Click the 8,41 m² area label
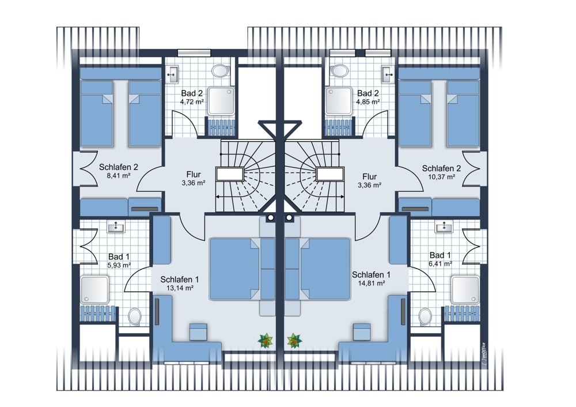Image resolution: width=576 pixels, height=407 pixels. coord(118,176)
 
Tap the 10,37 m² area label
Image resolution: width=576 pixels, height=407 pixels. coord(442,177)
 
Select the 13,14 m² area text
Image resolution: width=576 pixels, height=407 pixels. coord(180,288)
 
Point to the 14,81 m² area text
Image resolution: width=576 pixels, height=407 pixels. coord(372,283)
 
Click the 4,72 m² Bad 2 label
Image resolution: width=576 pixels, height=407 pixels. coord(192,102)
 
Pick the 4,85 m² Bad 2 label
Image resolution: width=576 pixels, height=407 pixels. coord(367,102)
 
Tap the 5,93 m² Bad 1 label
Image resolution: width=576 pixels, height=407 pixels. coord(119,265)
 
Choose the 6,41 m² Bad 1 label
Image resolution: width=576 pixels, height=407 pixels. coord(440,263)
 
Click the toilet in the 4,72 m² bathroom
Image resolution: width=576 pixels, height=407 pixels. coord(220,70)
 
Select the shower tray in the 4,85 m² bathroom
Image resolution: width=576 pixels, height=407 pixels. coord(339,101)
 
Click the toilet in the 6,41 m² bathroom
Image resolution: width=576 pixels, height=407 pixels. coord(425,316)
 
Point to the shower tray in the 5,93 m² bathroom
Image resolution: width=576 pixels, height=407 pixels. coord(95,289)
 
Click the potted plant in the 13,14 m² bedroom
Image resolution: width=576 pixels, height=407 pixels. coord(265,341)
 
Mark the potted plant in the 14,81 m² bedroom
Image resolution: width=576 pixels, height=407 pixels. coord(294,341)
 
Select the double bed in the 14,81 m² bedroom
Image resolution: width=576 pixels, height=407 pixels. coord(325,269)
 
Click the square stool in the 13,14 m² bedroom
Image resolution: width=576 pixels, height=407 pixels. coord(198,332)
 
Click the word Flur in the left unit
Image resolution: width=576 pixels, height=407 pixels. coord(194,174)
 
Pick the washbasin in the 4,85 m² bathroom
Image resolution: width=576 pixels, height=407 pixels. coord(388,74)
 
